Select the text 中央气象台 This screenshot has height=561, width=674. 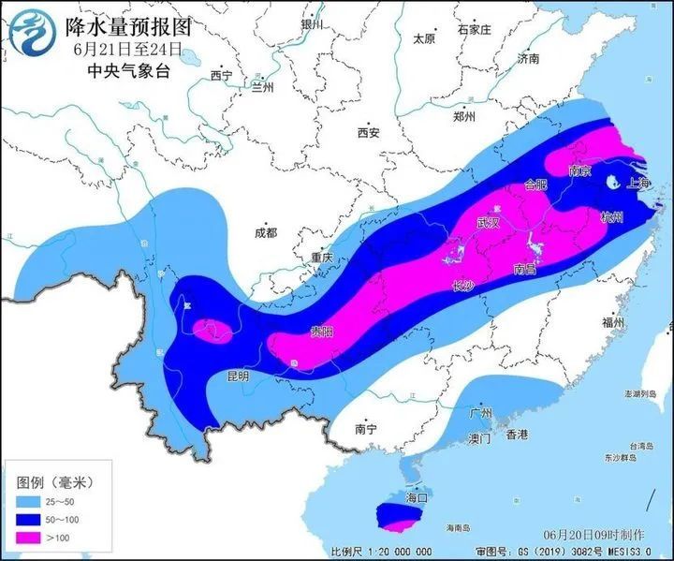[x=125, y=70]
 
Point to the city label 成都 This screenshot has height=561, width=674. [x=266, y=232]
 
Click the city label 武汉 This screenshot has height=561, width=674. [x=489, y=222]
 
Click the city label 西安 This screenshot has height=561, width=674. [x=368, y=133]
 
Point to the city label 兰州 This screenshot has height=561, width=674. [x=261, y=87]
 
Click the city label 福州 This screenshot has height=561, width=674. [x=614, y=321]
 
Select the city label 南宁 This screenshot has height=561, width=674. [x=365, y=429]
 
